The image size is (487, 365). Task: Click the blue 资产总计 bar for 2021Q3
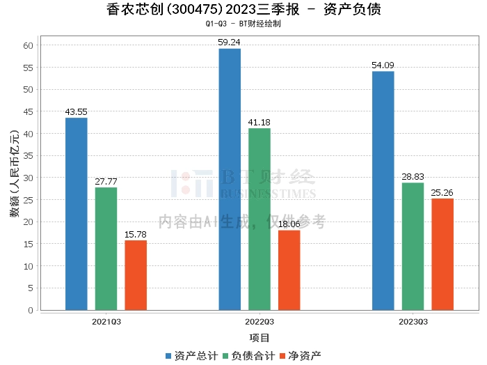[77, 214]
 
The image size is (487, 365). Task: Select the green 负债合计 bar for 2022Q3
[260, 219]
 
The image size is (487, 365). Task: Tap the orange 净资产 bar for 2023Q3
[442, 254]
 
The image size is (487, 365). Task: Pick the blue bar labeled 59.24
[230, 179]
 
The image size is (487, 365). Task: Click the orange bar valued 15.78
[136, 275]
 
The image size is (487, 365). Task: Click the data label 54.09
[383, 66]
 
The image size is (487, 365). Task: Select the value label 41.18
[260, 123]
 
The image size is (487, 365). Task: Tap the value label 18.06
[289, 225]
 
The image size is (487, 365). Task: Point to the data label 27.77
[106, 182]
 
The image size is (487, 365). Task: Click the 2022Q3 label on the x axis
[260, 322]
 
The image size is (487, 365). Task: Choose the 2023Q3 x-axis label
[413, 322]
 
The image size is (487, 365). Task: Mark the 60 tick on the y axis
[28, 45]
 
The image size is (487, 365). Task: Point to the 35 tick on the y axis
[28, 155]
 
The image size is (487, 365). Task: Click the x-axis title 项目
[260, 338]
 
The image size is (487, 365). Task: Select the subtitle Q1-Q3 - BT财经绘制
[243, 24]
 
